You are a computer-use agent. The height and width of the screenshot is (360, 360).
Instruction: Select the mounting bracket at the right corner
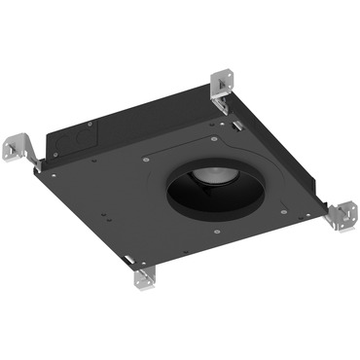tap(342, 213)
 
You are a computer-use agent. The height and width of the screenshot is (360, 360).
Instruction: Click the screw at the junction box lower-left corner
tap(54, 164)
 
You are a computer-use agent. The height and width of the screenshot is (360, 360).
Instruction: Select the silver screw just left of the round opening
tap(147, 157)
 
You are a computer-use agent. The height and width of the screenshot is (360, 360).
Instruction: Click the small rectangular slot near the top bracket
tap(236, 124)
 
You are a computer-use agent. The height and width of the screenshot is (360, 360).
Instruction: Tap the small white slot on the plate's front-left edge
tap(129, 255)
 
